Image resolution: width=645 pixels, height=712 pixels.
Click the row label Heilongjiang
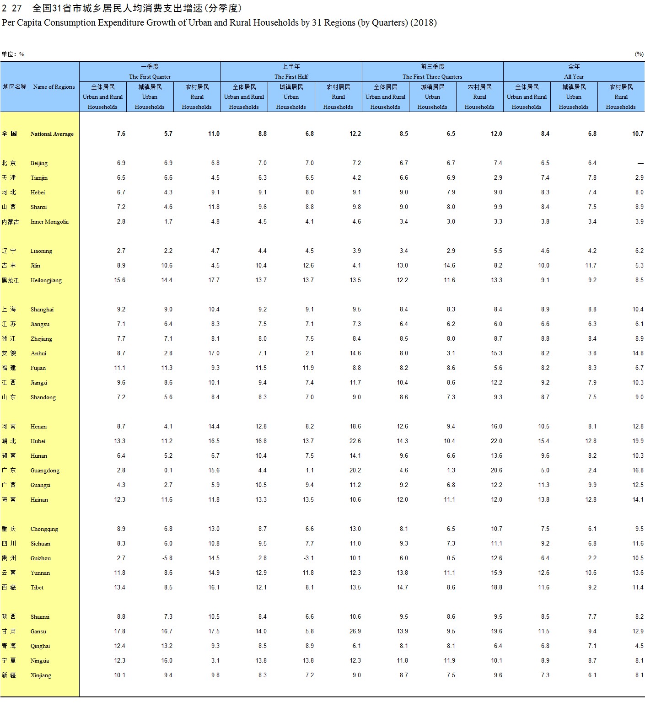pos(46,280)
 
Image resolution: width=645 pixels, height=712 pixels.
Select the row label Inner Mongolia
pos(49,222)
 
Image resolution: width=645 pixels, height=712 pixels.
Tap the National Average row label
pos(52,134)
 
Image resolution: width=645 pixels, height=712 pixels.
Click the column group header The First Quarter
pos(150,77)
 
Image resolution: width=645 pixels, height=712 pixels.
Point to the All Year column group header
pos(574,77)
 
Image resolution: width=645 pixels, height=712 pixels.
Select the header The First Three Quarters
pos(432,77)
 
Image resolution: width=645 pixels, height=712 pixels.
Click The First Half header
pos(291,77)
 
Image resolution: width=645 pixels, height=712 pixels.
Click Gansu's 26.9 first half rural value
pos(355,632)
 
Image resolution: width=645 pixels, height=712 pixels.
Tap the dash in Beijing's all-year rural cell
pos(640,163)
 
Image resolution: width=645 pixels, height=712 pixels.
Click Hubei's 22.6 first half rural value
pos(355,441)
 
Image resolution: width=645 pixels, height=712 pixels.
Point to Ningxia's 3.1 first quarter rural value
pos(215,661)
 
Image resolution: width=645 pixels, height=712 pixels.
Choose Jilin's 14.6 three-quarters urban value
pos(449,266)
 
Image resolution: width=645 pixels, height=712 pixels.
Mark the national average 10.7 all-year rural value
pos(638,134)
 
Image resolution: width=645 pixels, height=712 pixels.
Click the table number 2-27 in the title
pos(12,8)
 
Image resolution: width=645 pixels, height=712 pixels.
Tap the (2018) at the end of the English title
pos(424,22)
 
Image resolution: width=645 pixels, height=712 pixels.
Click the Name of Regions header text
pos(54,87)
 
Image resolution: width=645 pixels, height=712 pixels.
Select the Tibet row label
pos(37,588)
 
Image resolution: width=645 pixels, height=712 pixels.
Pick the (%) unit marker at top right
pos(639,54)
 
